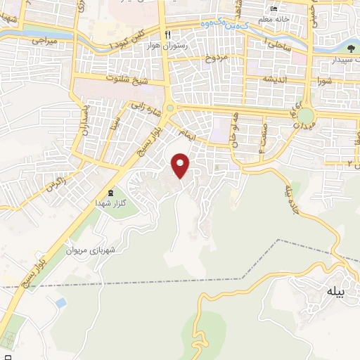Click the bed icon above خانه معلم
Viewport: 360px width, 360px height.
tap(275, 9)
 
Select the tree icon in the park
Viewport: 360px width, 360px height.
tap(349, 49)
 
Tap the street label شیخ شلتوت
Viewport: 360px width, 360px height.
tap(127, 78)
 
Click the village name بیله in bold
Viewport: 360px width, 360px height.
tap(335, 292)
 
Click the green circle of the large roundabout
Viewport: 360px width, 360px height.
tap(305, 116)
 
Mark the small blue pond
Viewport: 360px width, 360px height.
tap(60, 303)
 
